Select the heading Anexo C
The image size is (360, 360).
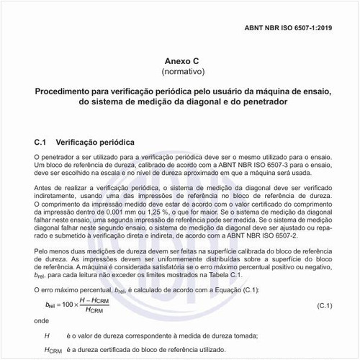pos(180,61)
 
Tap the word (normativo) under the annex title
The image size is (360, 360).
pos(180,72)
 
